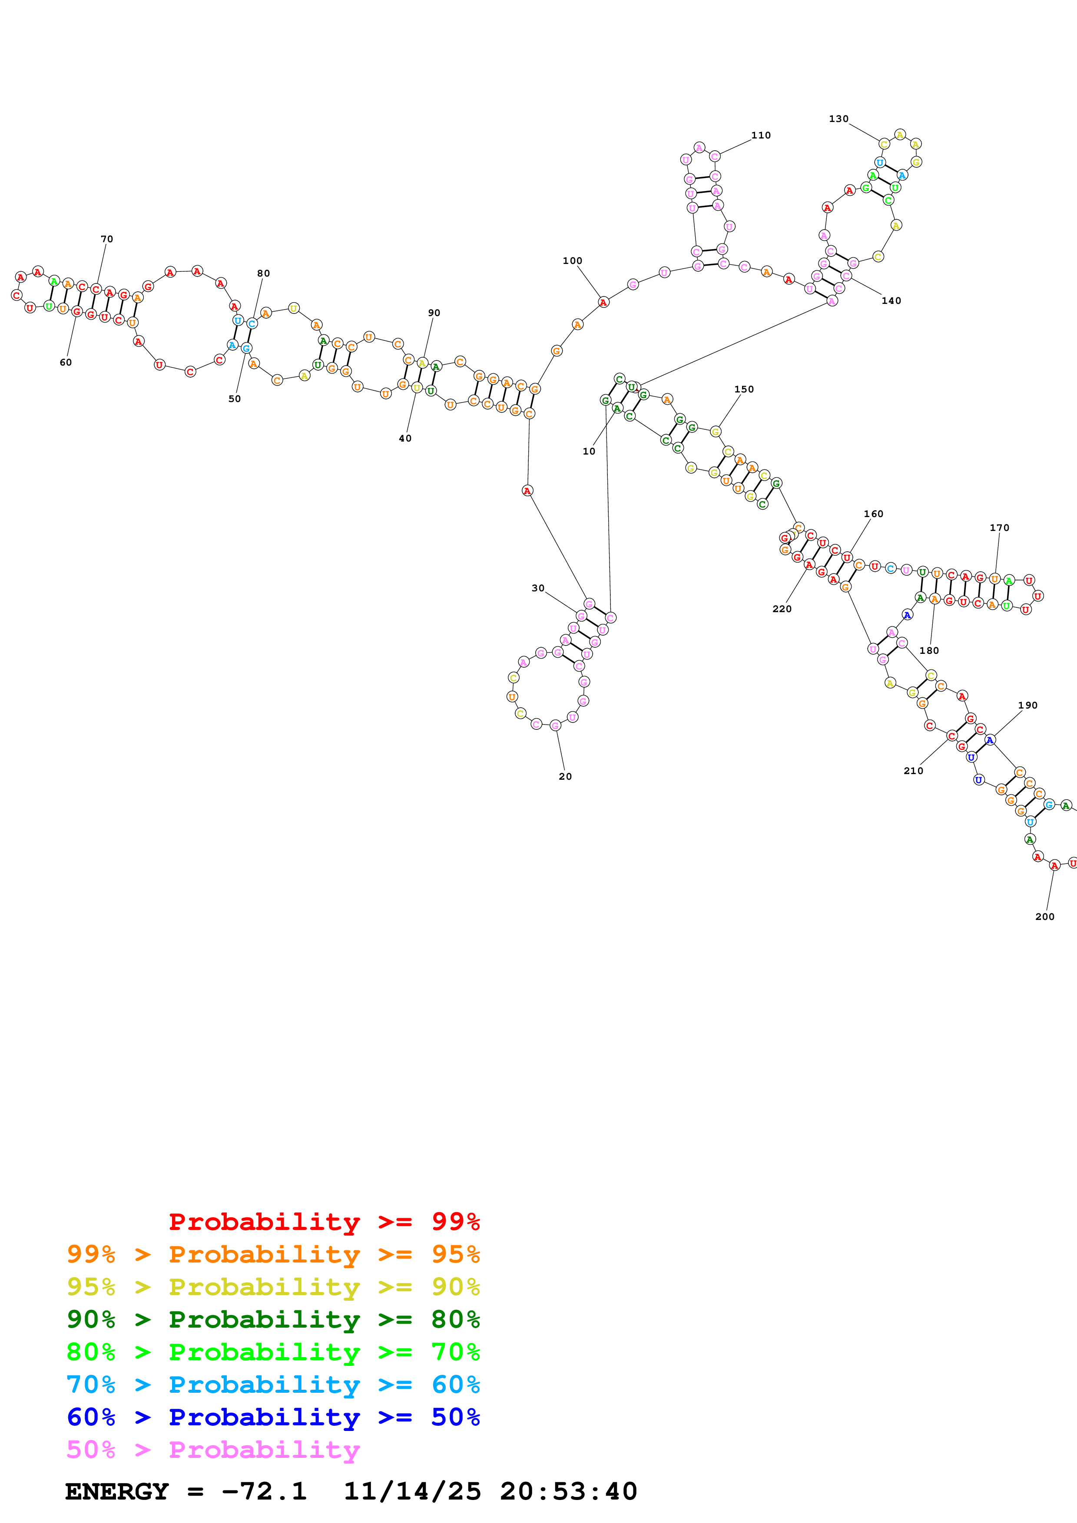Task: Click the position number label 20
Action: pyautogui.click(x=565, y=776)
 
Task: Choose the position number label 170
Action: pyautogui.click(x=999, y=527)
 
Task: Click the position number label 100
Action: pyautogui.click(x=572, y=260)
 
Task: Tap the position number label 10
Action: pyautogui.click(x=589, y=451)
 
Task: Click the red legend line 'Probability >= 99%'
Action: pyautogui.click(x=324, y=1221)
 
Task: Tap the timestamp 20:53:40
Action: pyautogui.click(x=568, y=1491)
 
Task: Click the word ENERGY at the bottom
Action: pyautogui.click(x=117, y=1491)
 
